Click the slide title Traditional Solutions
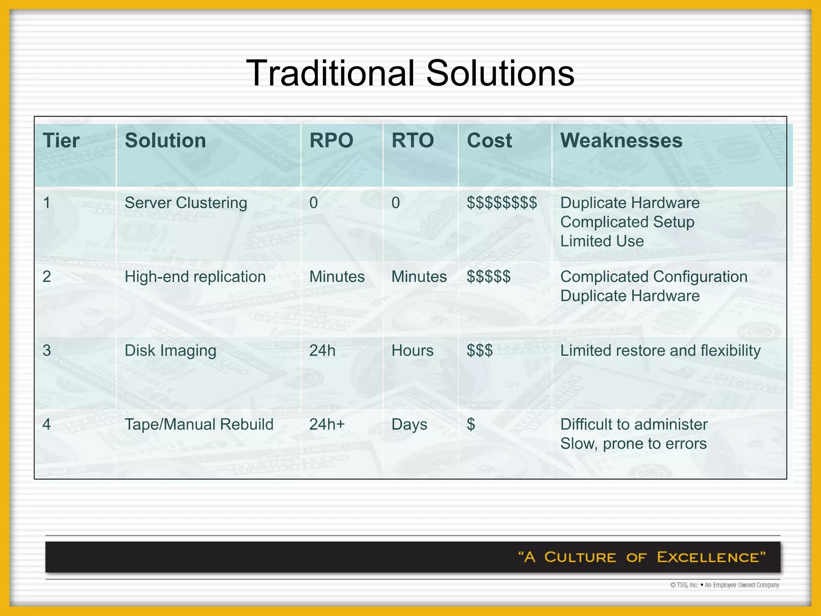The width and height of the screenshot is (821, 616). pyautogui.click(x=410, y=73)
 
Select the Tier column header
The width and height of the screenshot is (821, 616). pyautogui.click(x=61, y=141)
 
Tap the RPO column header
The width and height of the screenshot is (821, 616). pyautogui.click(x=331, y=141)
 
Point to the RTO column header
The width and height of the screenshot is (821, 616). pyautogui.click(x=413, y=141)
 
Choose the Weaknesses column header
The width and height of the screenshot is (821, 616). pyautogui.click(x=621, y=141)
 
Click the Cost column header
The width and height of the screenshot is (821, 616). pyautogui.click(x=489, y=141)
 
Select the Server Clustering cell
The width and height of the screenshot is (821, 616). pyautogui.click(x=186, y=203)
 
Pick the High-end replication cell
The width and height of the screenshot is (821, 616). pyautogui.click(x=195, y=277)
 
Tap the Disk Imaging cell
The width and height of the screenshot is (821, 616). pyautogui.click(x=170, y=351)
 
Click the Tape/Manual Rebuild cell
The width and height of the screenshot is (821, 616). pyautogui.click(x=199, y=424)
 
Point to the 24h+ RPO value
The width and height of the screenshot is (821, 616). pyautogui.click(x=327, y=424)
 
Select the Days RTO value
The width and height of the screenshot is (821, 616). pyautogui.click(x=409, y=425)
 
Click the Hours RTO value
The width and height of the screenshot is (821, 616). pyautogui.click(x=413, y=351)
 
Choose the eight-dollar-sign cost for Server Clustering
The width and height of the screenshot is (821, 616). pyautogui.click(x=501, y=203)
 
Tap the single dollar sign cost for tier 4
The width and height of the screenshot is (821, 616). pyautogui.click(x=471, y=424)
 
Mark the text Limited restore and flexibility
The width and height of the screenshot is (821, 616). pyautogui.click(x=660, y=351)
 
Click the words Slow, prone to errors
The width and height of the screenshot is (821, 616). pyautogui.click(x=633, y=444)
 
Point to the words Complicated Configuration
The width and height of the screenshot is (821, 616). pyautogui.click(x=654, y=277)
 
